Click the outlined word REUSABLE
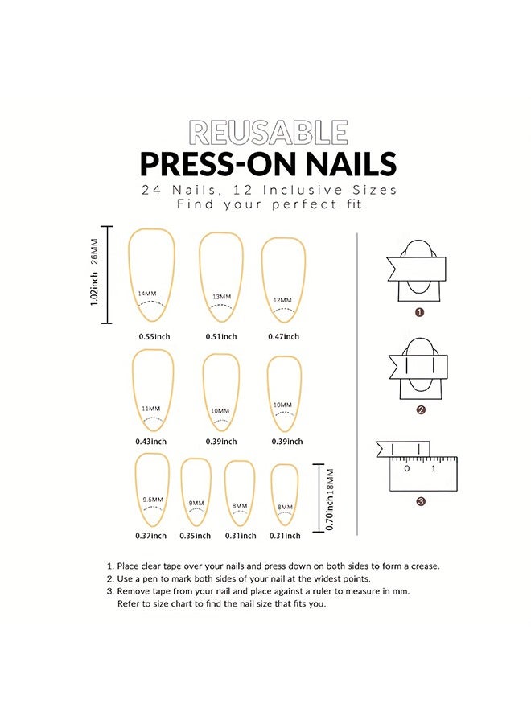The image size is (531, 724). tap(268, 132)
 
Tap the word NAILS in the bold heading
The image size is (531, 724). tap(344, 163)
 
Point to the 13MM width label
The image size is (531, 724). tap(221, 297)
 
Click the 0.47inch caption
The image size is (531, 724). tap(283, 336)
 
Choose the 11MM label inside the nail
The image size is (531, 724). tap(151, 409)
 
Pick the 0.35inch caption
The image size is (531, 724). tap(196, 536)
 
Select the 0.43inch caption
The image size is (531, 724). tap(151, 441)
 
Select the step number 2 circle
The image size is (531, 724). tap(420, 410)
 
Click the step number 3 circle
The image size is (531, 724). tap(420, 502)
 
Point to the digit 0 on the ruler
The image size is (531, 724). tap(406, 468)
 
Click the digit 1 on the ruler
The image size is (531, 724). tap(434, 468)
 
